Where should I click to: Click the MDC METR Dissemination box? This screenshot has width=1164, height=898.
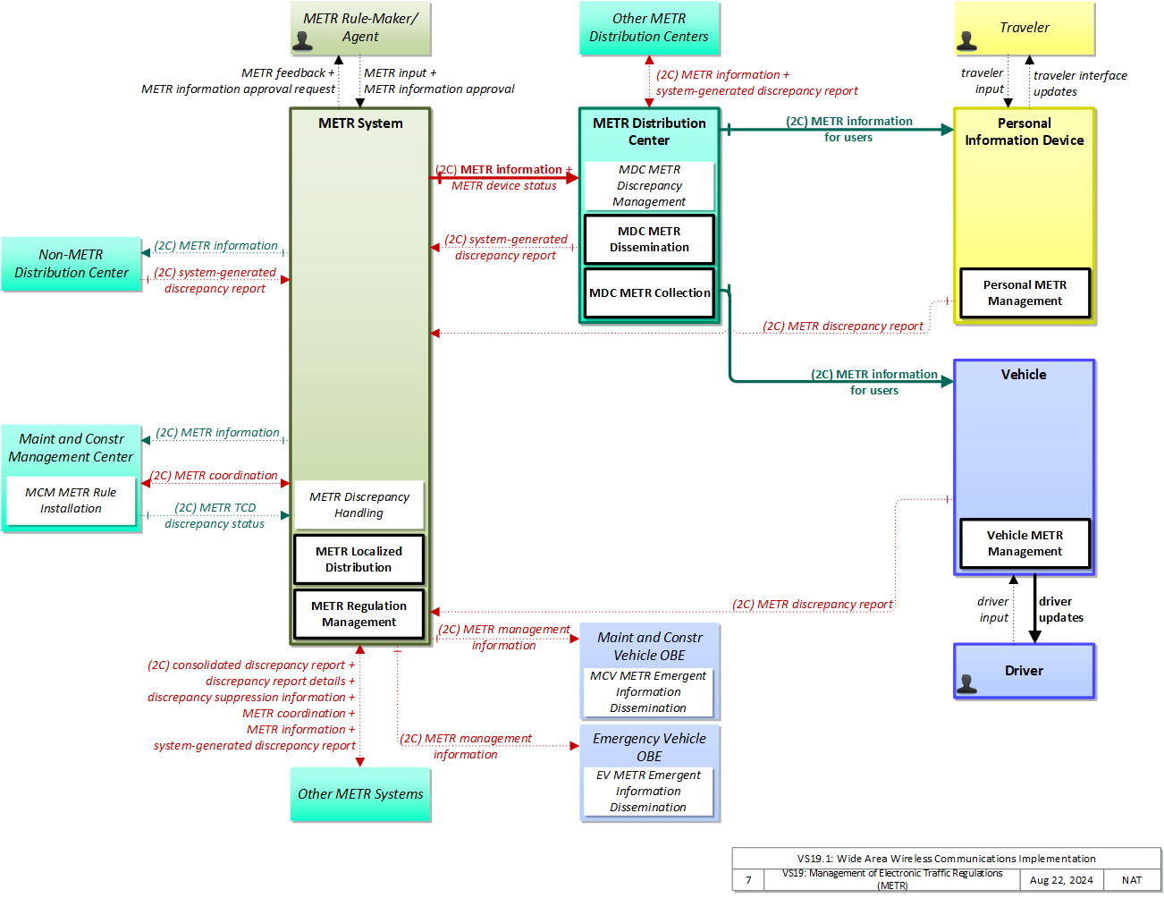pyautogui.click(x=649, y=239)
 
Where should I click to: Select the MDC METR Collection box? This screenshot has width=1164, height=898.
pyautogui.click(x=649, y=292)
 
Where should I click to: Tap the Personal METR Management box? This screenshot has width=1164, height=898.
pyautogui.click(x=1025, y=292)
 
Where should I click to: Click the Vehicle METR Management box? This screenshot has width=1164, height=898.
pyautogui.click(x=1025, y=543)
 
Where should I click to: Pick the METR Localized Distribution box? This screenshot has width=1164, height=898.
pyautogui.click(x=358, y=559)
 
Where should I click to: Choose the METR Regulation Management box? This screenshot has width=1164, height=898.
pyautogui.click(x=358, y=614)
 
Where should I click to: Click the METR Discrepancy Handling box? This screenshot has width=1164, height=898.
pyautogui.click(x=358, y=504)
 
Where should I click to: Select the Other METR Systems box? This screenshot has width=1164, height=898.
pyautogui.click(x=360, y=793)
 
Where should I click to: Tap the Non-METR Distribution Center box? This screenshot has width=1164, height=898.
pyautogui.click(x=71, y=264)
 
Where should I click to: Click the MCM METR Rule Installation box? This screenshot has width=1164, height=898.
pyautogui.click(x=71, y=501)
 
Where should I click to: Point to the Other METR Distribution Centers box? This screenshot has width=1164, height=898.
pyautogui.click(x=649, y=28)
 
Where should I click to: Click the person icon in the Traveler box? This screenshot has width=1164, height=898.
pyautogui.click(x=966, y=41)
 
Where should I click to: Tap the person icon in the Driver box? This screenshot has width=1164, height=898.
pyautogui.click(x=966, y=683)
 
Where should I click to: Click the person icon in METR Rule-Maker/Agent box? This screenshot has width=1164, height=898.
pyautogui.click(x=303, y=41)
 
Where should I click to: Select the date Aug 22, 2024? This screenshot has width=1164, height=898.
pyautogui.click(x=1060, y=880)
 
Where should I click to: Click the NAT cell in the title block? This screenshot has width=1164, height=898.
pyautogui.click(x=1132, y=880)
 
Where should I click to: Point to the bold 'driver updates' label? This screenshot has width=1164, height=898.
pyautogui.click(x=1060, y=609)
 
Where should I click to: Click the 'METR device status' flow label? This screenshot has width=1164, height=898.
pyautogui.click(x=503, y=185)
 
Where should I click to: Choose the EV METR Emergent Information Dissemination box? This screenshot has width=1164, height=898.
pyautogui.click(x=647, y=791)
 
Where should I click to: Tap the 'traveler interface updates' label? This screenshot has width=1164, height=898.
pyautogui.click(x=1079, y=83)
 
